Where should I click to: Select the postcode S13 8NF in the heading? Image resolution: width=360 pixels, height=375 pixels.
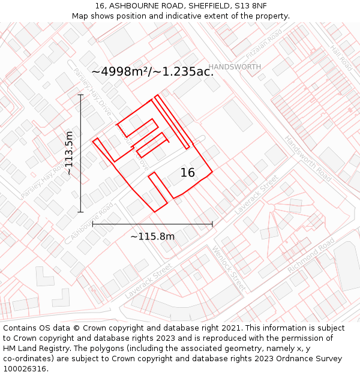point(251,5)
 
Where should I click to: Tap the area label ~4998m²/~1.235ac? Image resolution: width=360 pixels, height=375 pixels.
point(152,71)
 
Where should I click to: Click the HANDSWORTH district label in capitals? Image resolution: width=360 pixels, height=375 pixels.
point(235,67)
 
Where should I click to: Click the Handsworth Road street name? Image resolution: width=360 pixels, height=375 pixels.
point(308,158)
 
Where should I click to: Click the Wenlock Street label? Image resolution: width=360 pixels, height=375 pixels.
point(229,268)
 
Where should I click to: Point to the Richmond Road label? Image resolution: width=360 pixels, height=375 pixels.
point(311,256)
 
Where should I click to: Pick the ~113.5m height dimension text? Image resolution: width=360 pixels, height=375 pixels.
point(70,154)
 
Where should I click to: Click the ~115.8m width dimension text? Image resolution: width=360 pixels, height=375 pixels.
point(152,236)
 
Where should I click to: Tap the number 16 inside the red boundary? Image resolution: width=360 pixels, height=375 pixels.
point(188,173)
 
